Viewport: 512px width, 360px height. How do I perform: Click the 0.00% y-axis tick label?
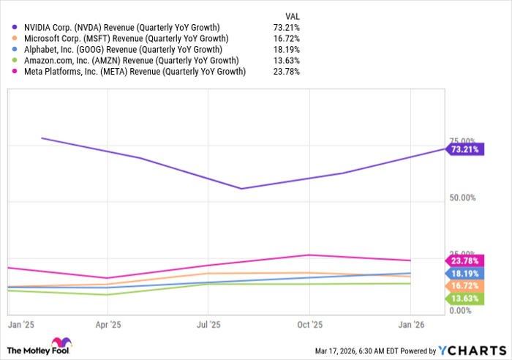[461, 311]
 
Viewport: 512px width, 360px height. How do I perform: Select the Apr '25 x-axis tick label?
[108, 323]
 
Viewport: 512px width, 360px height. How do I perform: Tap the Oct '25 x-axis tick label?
[310, 323]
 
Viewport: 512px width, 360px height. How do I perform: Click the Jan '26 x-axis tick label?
[410, 323]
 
